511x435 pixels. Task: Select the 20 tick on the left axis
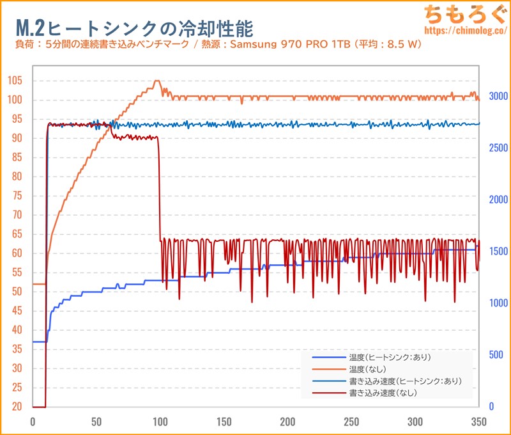point(16,407)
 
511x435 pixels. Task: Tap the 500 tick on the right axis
point(496,354)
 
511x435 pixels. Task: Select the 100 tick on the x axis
point(160,422)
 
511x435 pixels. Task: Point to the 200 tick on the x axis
point(287,422)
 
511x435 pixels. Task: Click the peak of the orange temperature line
point(157,81)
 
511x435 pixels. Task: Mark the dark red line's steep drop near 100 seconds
point(159,192)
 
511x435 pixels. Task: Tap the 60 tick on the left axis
point(16,253)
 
